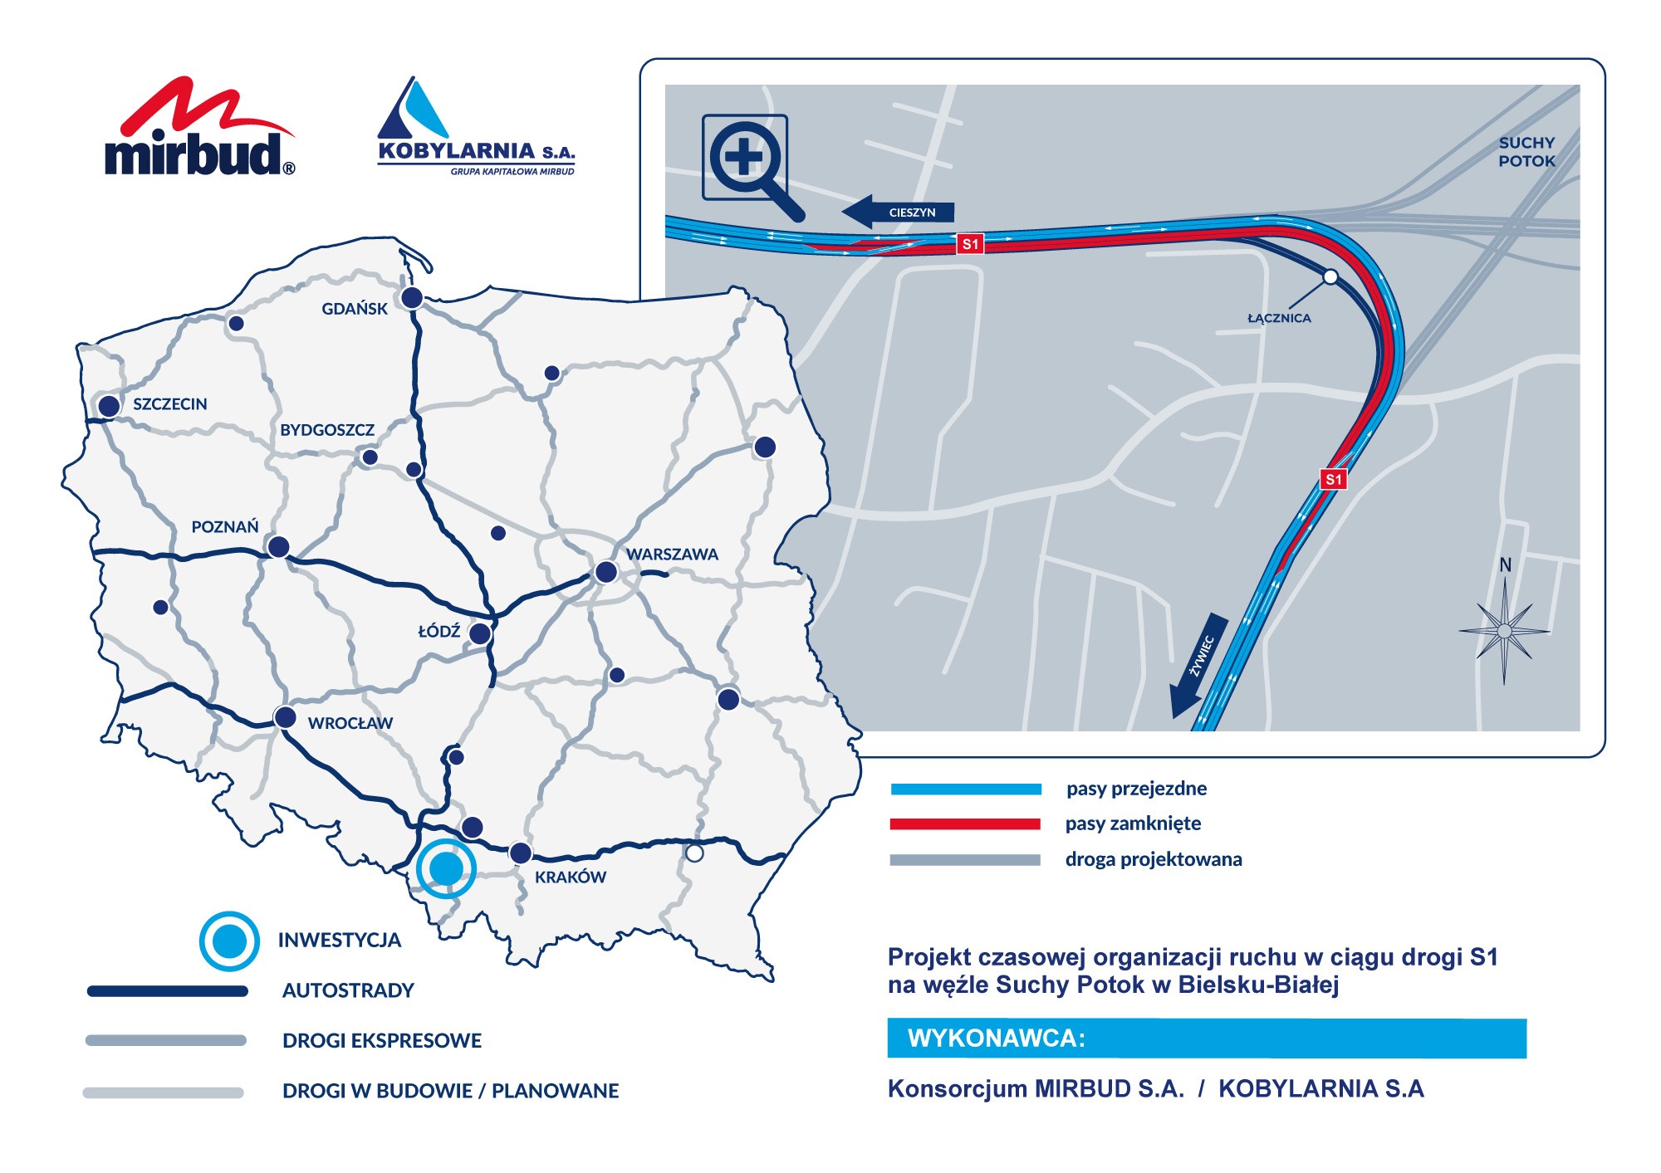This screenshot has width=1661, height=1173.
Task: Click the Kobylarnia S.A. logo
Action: tap(476, 129)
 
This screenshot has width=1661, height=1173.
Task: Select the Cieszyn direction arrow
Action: tap(899, 212)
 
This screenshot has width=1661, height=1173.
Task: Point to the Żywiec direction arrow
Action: tap(1198, 665)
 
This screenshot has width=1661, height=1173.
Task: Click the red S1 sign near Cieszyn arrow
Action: tap(970, 244)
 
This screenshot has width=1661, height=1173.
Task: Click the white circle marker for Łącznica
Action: tap(1330, 276)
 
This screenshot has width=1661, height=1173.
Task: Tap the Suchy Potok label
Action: tap(1526, 152)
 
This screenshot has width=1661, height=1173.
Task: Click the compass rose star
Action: tap(1505, 631)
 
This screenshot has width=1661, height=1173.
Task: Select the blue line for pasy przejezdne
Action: tap(966, 789)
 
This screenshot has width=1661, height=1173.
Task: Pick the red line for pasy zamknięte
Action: tap(965, 824)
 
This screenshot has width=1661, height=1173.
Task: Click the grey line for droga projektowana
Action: tap(965, 860)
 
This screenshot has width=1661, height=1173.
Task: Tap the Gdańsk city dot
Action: tap(412, 297)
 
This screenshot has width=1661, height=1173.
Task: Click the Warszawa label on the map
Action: tap(672, 555)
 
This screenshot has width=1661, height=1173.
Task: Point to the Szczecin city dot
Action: tap(109, 406)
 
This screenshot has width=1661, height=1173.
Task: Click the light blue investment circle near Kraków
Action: tap(447, 869)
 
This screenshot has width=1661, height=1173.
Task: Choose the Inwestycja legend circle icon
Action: tap(229, 941)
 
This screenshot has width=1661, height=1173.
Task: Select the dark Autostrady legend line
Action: tap(168, 991)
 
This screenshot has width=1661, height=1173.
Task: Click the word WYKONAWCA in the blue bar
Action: tap(997, 1039)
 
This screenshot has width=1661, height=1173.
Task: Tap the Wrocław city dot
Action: tap(285, 717)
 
